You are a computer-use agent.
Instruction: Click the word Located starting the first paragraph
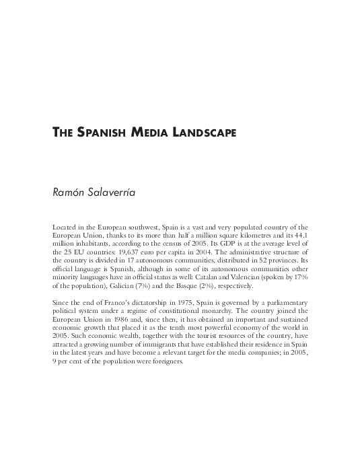click(65, 227)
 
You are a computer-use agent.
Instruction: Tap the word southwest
click(141, 227)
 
